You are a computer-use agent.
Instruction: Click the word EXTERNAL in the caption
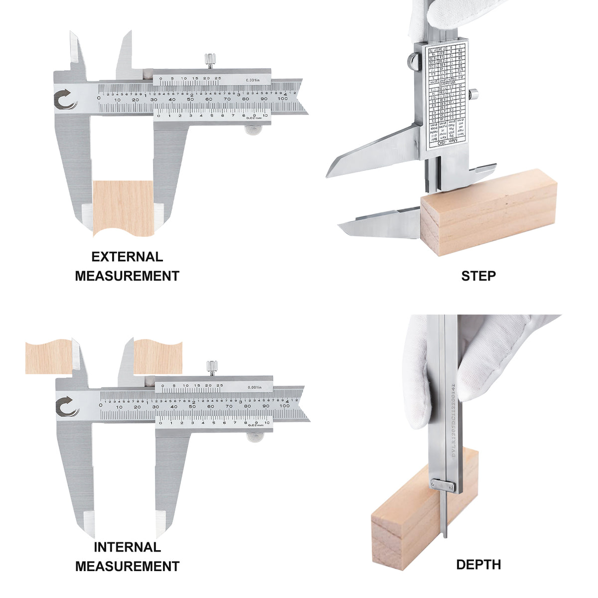point(127,257)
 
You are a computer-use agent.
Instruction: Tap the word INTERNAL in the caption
point(127,547)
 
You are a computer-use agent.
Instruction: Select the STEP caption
point(478,276)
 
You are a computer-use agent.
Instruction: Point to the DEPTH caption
point(478,565)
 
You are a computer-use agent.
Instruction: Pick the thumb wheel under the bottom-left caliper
point(255,437)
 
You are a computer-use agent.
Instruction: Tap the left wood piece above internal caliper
point(48,357)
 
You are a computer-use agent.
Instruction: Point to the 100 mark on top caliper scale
point(283,99)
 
